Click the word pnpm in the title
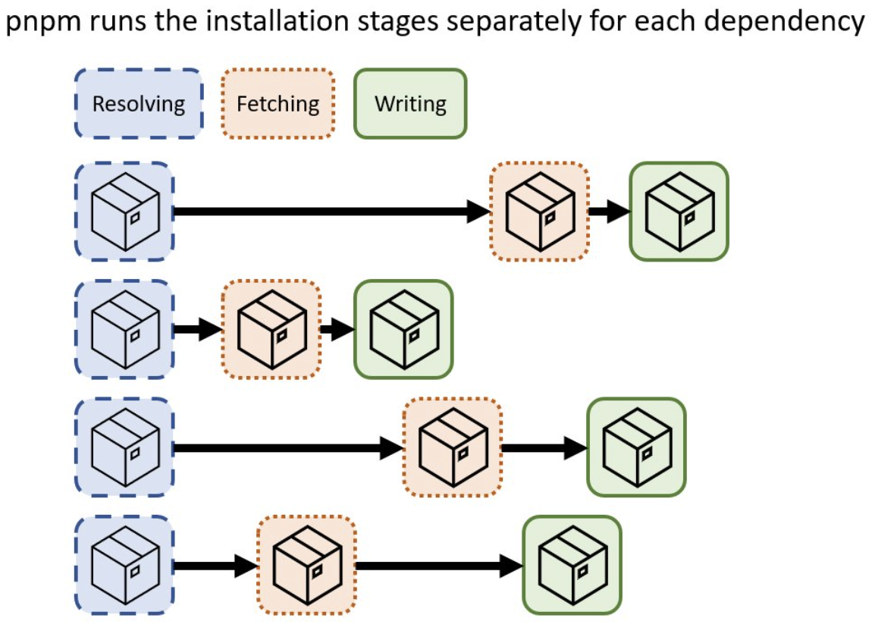[44, 22]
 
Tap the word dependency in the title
[784, 21]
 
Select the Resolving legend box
[139, 104]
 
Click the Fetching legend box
[278, 104]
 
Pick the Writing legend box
[410, 104]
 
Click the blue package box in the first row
[124, 212]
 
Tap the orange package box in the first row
[540, 212]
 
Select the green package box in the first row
[679, 212]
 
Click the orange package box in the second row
[271, 329]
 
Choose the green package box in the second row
[403, 329]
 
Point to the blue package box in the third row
[124, 447]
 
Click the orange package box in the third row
[453, 447]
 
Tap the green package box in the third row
[636, 447]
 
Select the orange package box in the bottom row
[306, 565]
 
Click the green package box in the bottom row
[572, 565]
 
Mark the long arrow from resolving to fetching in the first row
[332, 212]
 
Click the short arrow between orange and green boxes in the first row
[610, 212]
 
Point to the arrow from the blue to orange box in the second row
[198, 329]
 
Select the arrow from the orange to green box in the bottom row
[439, 566]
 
